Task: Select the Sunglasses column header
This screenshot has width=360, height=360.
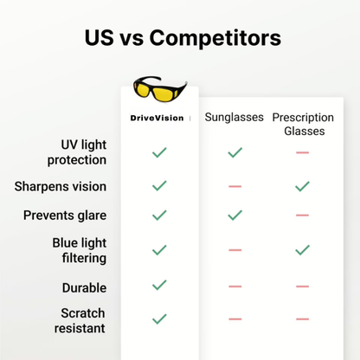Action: (x=234, y=117)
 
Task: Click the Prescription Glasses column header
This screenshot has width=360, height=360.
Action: (x=303, y=123)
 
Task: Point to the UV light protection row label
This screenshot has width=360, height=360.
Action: (x=84, y=151)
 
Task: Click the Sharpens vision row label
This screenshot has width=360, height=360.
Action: (x=61, y=186)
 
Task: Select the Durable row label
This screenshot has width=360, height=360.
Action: (x=84, y=287)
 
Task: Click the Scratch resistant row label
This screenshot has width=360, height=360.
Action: (x=84, y=320)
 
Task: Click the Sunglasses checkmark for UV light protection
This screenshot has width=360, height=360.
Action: (x=234, y=152)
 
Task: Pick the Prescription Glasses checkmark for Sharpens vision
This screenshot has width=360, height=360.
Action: (x=302, y=186)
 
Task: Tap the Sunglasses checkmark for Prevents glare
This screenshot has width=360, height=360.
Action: (x=234, y=215)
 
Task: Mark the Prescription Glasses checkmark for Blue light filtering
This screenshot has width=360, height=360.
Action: (x=302, y=250)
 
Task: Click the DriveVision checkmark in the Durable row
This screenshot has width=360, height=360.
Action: (x=159, y=285)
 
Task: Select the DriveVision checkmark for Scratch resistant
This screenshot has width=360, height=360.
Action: (x=159, y=319)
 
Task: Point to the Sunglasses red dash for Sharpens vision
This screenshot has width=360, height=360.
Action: (x=234, y=186)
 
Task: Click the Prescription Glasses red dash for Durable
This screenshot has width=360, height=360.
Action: (x=302, y=286)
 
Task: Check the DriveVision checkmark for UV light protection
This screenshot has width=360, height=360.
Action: (x=159, y=152)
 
